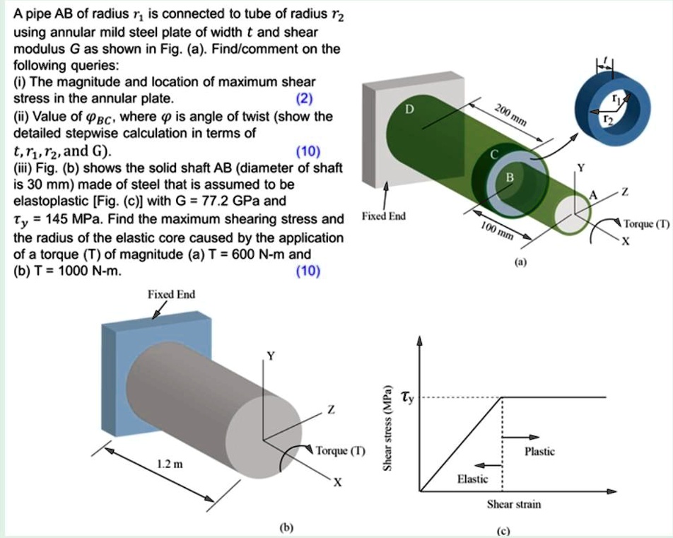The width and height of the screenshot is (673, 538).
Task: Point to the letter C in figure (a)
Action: (495, 155)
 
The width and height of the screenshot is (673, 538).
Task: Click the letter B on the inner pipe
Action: (508, 177)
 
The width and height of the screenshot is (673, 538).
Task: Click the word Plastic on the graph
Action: (540, 451)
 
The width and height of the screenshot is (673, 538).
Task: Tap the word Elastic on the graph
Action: (472, 479)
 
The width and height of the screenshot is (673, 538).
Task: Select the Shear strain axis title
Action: (514, 504)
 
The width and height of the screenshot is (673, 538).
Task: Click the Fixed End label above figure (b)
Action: (171, 293)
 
